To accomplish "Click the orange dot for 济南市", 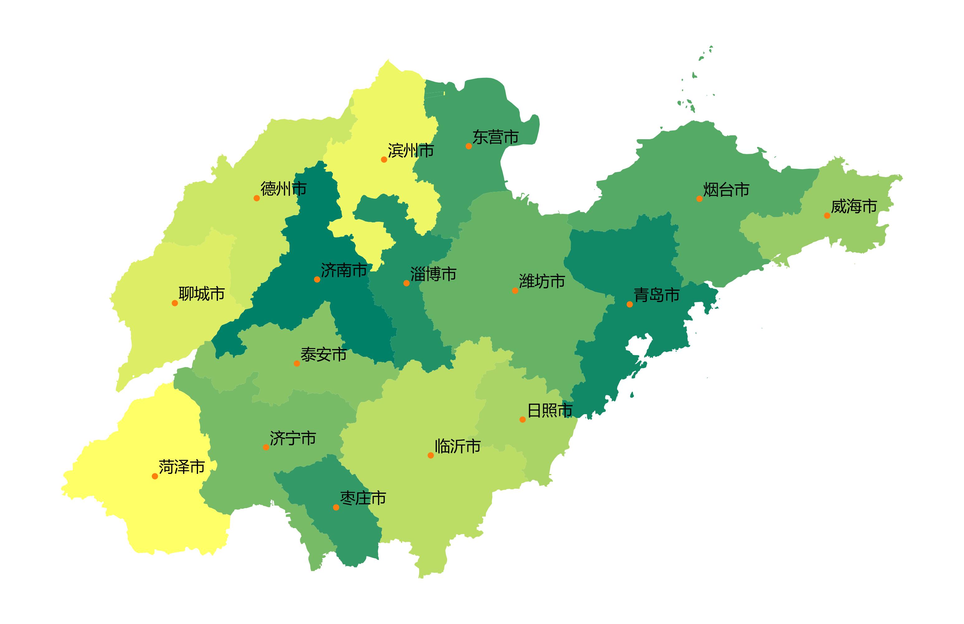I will (317, 279).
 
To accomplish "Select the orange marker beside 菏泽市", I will (155, 476).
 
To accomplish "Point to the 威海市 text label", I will (854, 206).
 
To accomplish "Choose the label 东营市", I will (495, 137).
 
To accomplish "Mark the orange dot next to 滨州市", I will (384, 159).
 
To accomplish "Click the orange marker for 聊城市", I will (175, 303).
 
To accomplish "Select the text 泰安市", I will (323, 355).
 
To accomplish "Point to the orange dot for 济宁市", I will (266, 447).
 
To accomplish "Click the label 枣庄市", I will (363, 498).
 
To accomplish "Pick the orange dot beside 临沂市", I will (431, 456).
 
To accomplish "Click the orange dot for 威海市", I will (827, 215).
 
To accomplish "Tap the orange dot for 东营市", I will (469, 146).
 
